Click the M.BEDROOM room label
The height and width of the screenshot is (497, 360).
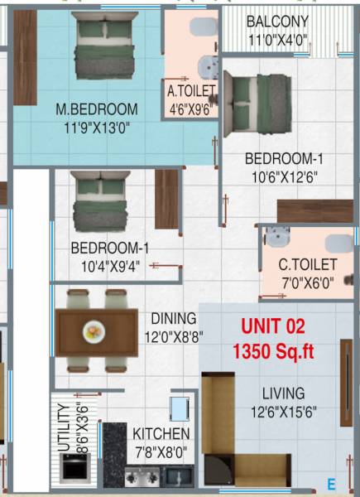point(97,109)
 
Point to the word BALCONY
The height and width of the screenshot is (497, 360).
point(278,22)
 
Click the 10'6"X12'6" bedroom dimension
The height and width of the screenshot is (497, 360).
point(281,176)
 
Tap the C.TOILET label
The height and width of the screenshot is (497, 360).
point(307,265)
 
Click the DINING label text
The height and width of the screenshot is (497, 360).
point(173,318)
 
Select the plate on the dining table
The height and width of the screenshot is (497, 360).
point(94,333)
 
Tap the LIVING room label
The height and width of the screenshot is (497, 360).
point(283,393)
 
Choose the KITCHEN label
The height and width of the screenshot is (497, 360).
point(161,434)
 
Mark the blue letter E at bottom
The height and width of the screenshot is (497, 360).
point(331,484)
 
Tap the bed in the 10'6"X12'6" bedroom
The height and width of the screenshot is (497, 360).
point(258,99)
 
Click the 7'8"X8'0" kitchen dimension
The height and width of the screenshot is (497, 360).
point(161,452)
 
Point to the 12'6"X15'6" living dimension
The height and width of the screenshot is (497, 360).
point(283,412)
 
